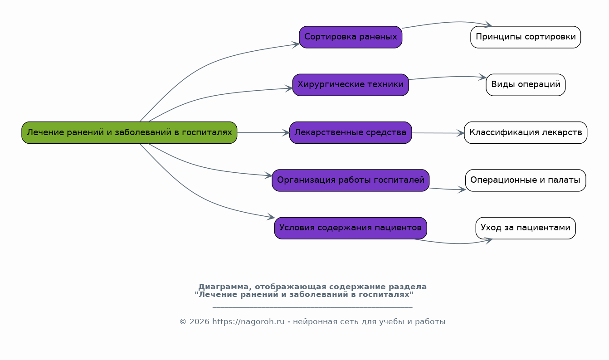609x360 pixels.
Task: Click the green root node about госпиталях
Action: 129,132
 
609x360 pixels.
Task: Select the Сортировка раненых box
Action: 351,37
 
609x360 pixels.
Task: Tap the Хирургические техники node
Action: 351,85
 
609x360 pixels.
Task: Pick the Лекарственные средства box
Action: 351,132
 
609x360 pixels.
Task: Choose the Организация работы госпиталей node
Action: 351,180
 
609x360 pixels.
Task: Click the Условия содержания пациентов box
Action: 351,228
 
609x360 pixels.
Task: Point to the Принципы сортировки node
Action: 526,37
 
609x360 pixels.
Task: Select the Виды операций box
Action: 526,85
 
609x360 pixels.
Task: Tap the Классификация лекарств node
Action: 526,132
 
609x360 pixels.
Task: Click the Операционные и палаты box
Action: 526,180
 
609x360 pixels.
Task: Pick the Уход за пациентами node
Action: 526,228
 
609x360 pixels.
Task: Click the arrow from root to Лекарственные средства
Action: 263,132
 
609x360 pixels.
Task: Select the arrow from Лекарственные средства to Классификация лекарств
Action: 438,133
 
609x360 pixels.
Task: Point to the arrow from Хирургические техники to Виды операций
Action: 447,77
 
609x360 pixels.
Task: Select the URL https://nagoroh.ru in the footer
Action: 248,322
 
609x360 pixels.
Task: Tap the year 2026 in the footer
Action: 199,322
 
